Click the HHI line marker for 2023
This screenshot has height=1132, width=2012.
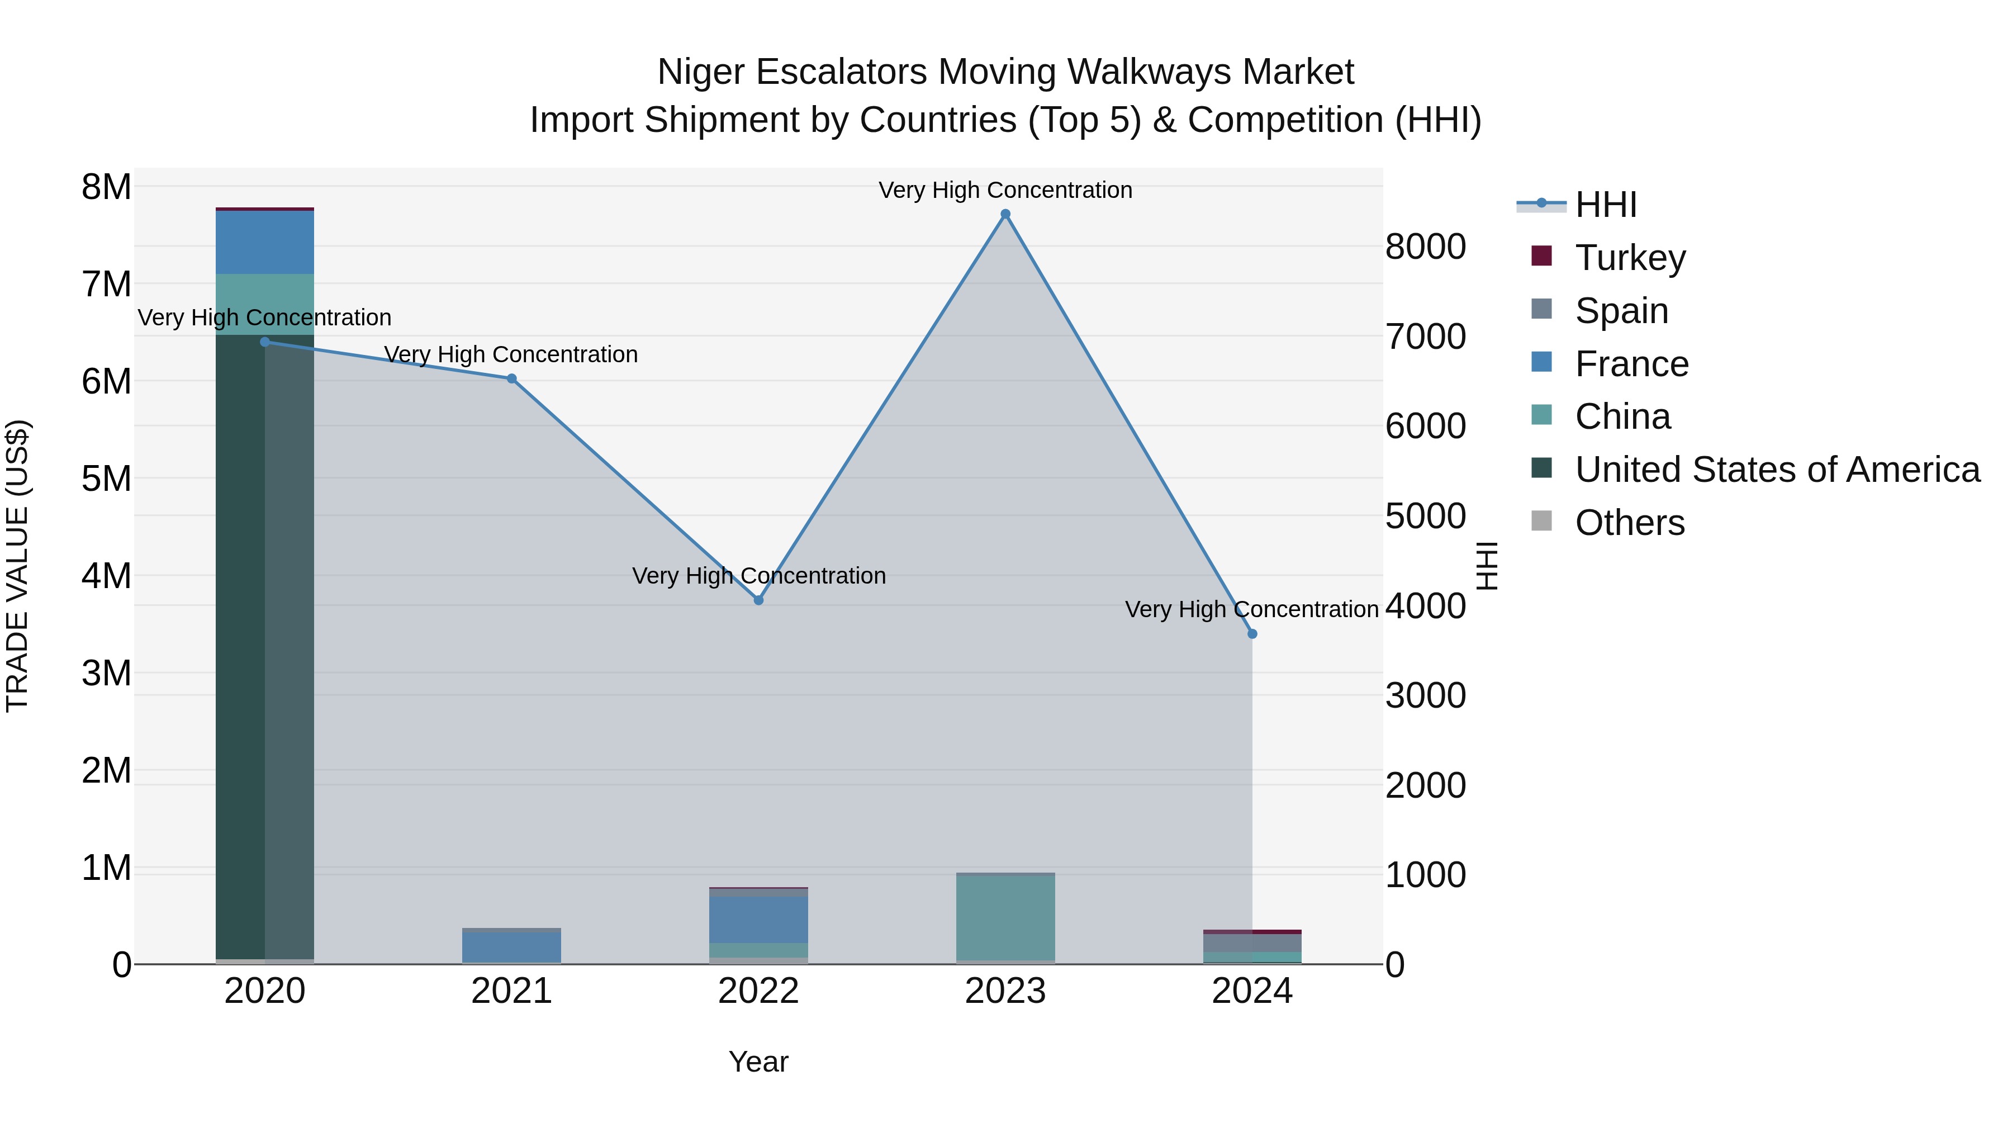[1005, 214]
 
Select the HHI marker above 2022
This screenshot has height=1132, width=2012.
[758, 600]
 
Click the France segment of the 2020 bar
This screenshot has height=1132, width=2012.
[265, 242]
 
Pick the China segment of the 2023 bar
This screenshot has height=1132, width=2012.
[1005, 918]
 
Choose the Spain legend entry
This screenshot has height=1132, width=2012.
[1621, 310]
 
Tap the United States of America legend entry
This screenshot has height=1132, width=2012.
[1777, 470]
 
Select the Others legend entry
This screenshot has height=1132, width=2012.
[1629, 523]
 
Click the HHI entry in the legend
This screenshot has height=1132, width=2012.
[1605, 205]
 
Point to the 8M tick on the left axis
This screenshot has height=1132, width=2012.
[106, 187]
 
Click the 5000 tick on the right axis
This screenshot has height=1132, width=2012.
[1425, 517]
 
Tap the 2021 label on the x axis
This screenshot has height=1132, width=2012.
[511, 991]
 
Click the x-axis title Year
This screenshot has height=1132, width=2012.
[758, 1062]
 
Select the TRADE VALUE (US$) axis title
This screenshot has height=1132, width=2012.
[17, 566]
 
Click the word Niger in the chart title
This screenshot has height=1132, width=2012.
[701, 72]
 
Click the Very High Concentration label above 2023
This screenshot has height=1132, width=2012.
[1005, 190]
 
